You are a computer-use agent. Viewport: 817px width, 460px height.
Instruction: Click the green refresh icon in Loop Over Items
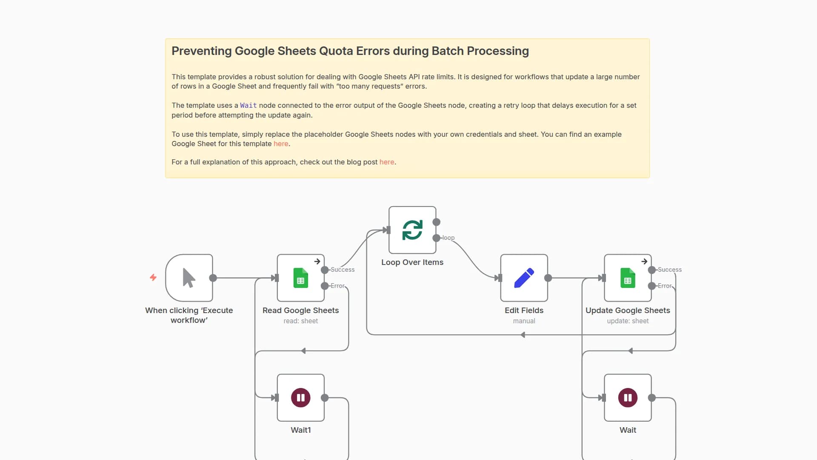[x=412, y=230]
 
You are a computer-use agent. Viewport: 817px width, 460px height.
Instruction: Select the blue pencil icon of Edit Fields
[x=524, y=278]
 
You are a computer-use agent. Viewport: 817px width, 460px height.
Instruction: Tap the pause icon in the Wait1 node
[x=300, y=398]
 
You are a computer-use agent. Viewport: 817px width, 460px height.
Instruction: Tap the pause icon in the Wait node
[x=628, y=398]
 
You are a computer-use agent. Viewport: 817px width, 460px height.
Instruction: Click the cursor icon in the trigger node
[x=189, y=278]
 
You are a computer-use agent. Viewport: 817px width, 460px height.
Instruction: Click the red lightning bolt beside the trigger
[x=153, y=277]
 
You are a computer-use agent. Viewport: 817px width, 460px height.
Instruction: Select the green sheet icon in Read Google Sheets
[x=300, y=278]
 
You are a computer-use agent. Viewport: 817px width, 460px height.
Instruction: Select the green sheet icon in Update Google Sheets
[x=628, y=278]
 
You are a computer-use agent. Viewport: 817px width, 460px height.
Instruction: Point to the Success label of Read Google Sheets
[x=343, y=270]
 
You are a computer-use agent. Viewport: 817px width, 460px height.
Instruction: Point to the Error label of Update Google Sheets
[x=664, y=286]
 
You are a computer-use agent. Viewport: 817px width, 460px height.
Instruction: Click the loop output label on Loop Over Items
[x=448, y=238]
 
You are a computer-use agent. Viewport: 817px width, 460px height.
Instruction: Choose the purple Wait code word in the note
[x=248, y=105]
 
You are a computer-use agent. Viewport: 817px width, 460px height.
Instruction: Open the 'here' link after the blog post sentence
[x=386, y=162]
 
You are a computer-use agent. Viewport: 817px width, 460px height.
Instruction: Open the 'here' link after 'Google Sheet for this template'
[x=281, y=144]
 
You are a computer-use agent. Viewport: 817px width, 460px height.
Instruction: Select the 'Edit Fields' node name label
[x=524, y=310]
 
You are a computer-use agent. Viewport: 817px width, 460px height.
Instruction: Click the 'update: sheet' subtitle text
[x=628, y=321]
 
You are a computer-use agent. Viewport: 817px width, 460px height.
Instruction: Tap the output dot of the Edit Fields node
[x=548, y=278]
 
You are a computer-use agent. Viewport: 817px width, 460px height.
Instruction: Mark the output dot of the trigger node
[x=213, y=278]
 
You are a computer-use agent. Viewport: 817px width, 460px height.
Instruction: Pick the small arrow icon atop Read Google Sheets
[x=317, y=262]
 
